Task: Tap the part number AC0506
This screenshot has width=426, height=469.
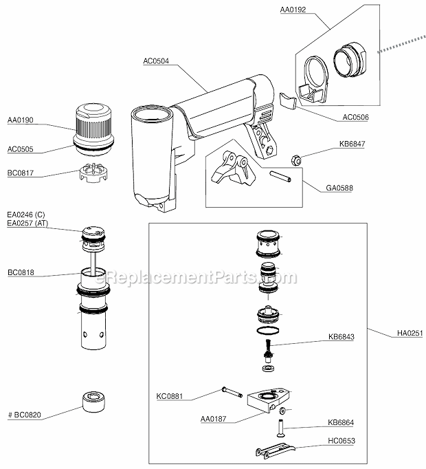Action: (x=355, y=117)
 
